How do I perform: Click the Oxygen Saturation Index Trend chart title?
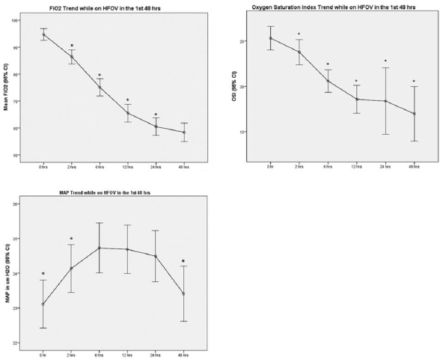(x=334, y=6)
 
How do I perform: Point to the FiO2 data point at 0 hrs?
(x=44, y=34)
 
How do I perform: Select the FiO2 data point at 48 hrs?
(x=184, y=132)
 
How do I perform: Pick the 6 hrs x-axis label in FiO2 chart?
(x=100, y=165)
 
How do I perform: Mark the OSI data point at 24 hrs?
(x=385, y=101)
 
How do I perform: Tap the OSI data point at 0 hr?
(x=271, y=38)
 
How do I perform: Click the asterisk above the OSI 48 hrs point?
(x=413, y=82)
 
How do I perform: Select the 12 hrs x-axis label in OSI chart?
(x=356, y=165)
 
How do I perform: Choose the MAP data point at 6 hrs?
(x=100, y=248)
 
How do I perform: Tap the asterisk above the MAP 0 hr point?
(x=44, y=274)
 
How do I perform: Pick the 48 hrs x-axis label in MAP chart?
(x=184, y=353)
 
